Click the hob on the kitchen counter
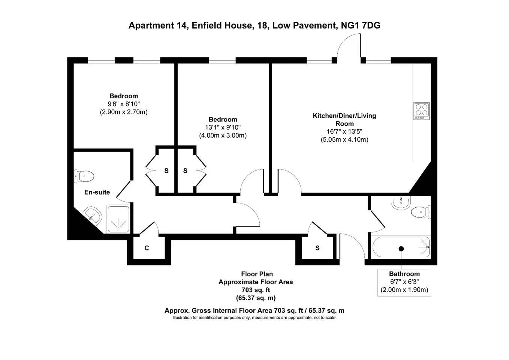click(x=422, y=111)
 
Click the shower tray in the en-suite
click(x=118, y=219)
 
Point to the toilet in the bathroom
click(x=421, y=212)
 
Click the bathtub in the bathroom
click(x=401, y=247)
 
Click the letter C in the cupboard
click(x=147, y=248)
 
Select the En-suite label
click(x=97, y=192)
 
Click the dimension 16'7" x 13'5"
click(x=344, y=132)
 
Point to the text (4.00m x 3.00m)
click(x=223, y=135)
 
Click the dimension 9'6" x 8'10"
click(x=124, y=104)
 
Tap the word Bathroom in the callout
click(x=404, y=274)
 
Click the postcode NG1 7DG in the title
click(x=361, y=25)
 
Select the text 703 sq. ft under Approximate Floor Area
click(x=256, y=290)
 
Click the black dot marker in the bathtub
click(x=401, y=249)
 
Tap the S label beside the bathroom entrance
click(x=317, y=248)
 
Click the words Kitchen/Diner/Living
click(x=344, y=116)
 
